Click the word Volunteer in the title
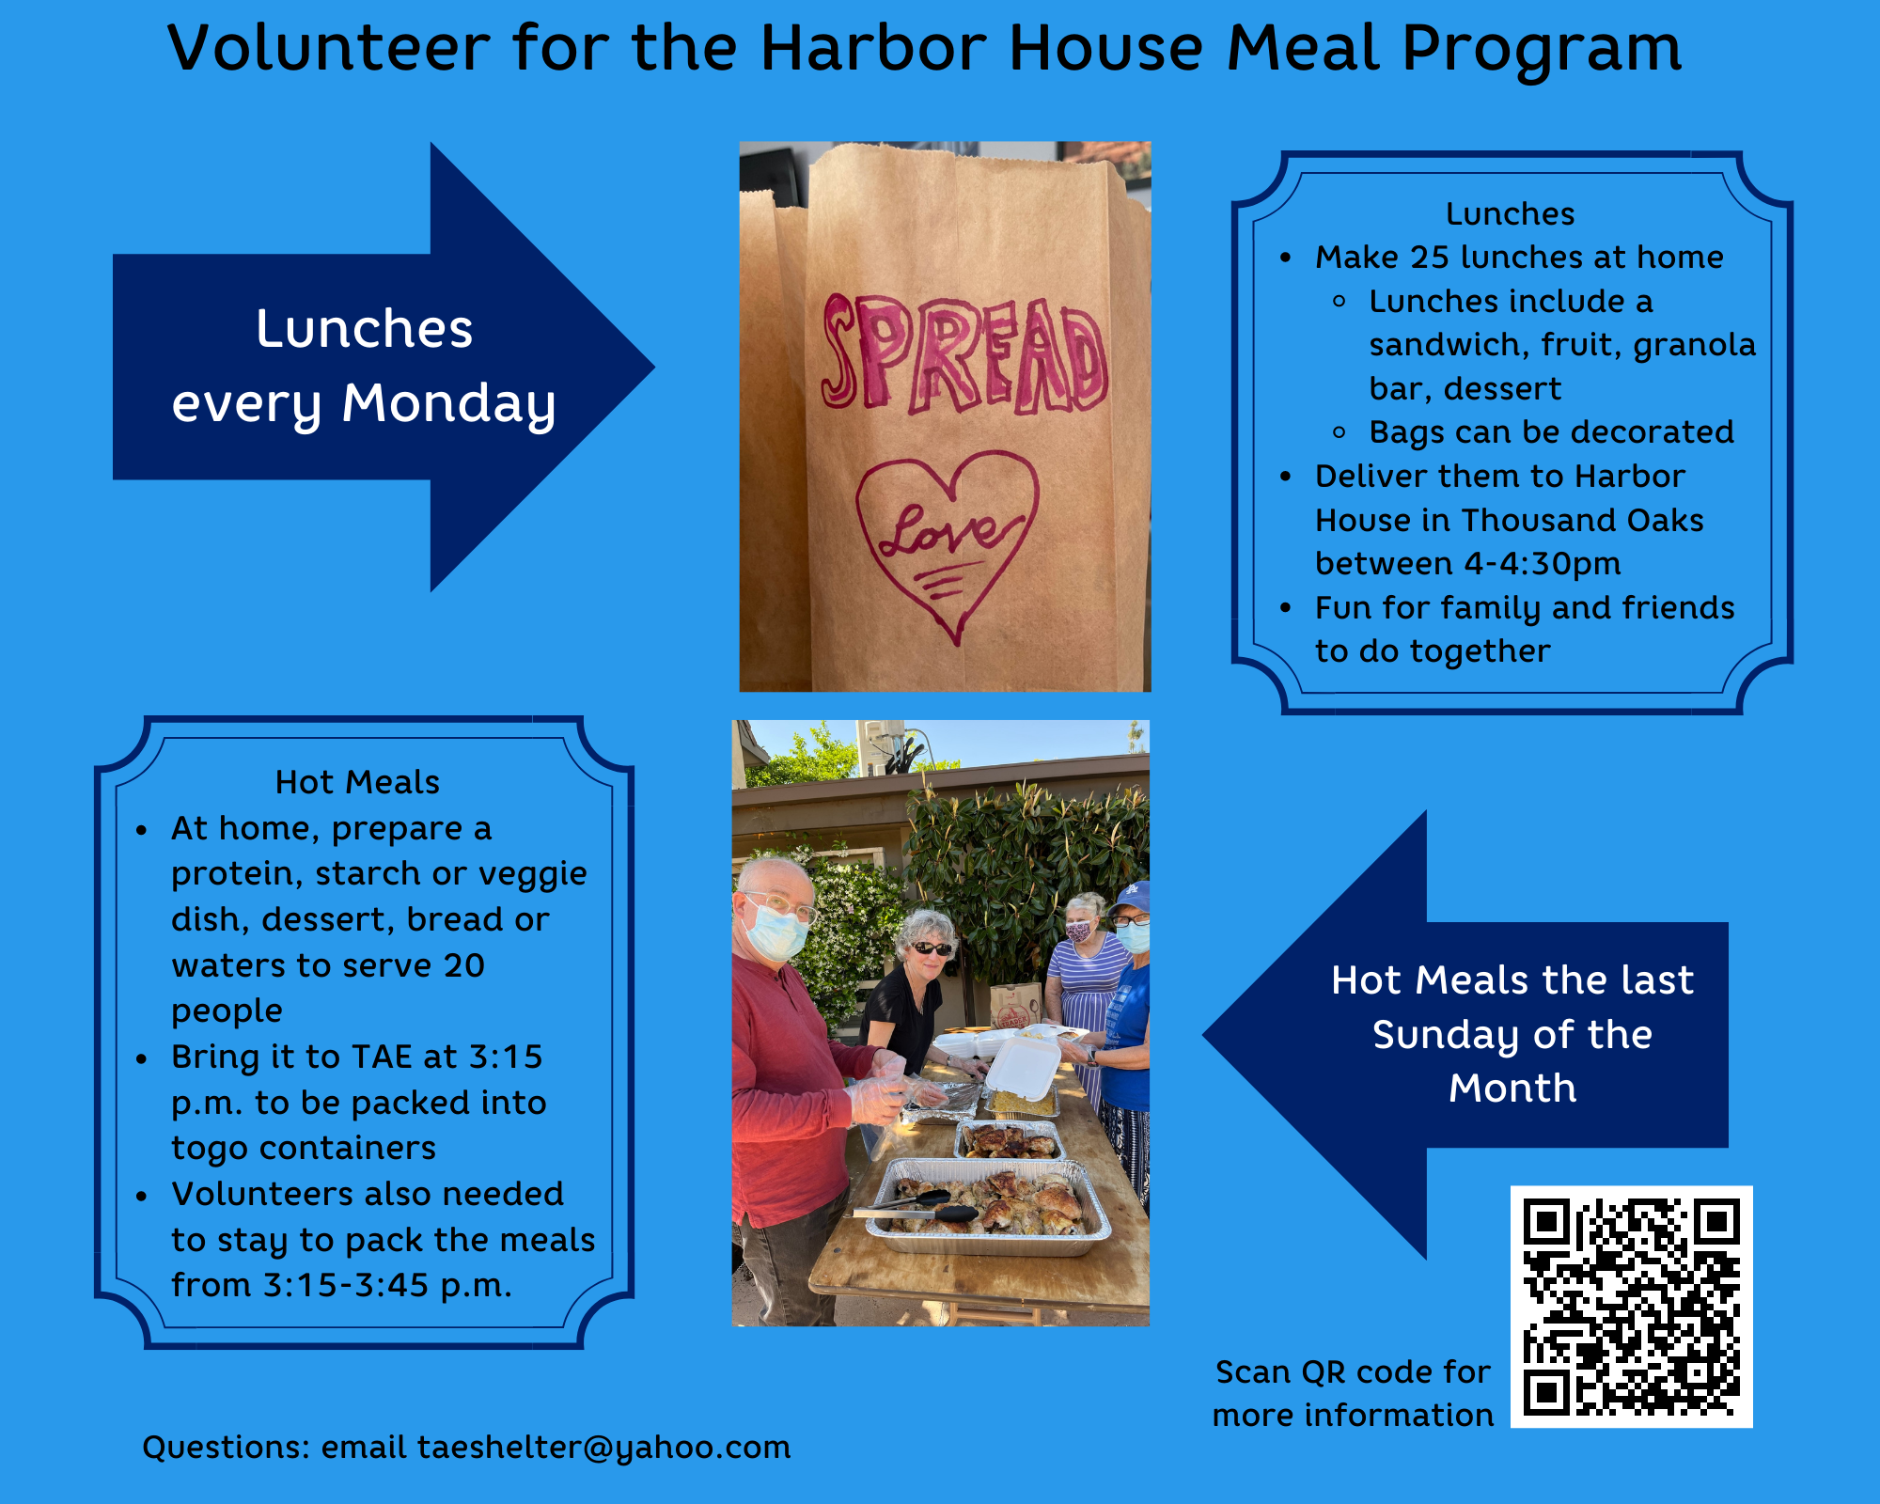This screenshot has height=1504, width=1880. click(x=329, y=49)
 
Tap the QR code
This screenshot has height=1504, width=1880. click(x=1631, y=1307)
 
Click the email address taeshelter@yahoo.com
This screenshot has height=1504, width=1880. click(x=603, y=1448)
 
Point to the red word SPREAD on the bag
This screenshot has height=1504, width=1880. click(x=963, y=355)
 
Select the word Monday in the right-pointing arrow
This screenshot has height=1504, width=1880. click(x=448, y=404)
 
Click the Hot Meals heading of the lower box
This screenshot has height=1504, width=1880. click(x=357, y=782)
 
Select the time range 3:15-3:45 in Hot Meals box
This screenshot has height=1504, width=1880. click(x=345, y=1286)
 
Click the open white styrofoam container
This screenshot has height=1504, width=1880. click(x=1022, y=1066)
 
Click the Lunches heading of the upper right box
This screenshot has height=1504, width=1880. click(x=1510, y=214)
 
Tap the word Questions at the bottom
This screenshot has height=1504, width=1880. click(x=226, y=1448)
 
